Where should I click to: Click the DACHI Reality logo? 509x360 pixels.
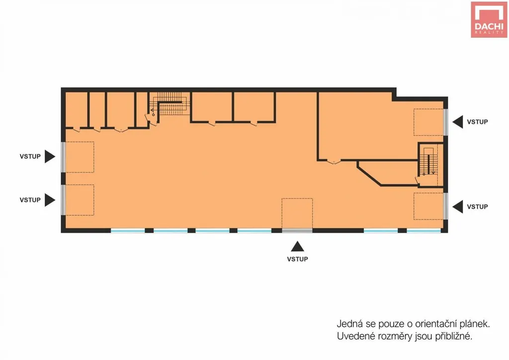(x=489, y=19)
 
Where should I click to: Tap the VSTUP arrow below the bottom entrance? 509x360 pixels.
(x=297, y=247)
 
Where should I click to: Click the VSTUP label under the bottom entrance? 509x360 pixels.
(x=297, y=259)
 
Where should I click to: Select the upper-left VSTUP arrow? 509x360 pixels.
(x=50, y=157)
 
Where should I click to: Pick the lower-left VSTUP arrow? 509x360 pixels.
(x=50, y=200)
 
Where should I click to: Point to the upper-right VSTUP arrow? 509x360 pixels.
(x=458, y=122)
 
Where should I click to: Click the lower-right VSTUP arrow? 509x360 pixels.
(x=458, y=207)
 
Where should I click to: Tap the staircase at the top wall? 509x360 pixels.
(x=170, y=103)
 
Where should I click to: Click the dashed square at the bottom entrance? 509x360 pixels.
(x=297, y=214)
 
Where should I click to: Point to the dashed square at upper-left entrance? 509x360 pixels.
(x=80, y=157)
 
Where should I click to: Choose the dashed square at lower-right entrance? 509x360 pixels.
(x=428, y=206)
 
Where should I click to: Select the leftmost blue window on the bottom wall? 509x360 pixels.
(x=128, y=231)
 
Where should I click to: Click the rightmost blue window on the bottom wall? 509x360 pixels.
(x=424, y=231)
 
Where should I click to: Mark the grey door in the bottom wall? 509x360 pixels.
(x=297, y=231)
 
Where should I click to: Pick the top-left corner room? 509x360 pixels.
(x=77, y=110)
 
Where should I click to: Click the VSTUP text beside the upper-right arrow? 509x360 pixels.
(x=477, y=122)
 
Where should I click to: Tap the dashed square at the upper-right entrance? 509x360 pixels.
(x=428, y=122)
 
